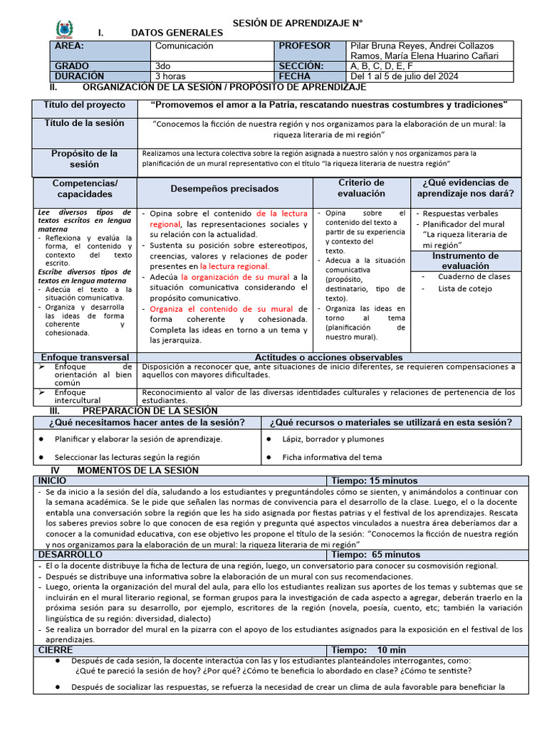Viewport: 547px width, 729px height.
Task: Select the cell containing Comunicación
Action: click(184, 46)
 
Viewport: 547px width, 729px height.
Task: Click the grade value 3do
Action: click(162, 66)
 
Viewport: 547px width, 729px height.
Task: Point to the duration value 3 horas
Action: click(170, 76)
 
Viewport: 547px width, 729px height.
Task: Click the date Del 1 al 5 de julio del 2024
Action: click(405, 76)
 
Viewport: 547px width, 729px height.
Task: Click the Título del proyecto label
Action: click(85, 105)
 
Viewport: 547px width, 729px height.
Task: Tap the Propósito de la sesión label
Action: click(85, 159)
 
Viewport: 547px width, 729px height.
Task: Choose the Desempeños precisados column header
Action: click(224, 189)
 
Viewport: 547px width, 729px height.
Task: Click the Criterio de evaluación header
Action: click(361, 188)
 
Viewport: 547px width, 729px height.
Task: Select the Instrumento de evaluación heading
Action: click(466, 261)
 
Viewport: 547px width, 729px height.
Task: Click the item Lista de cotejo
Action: click(465, 288)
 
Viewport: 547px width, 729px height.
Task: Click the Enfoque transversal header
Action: click(85, 357)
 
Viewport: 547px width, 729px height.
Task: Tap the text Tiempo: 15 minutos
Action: click(375, 481)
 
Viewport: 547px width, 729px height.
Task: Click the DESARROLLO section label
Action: click(70, 554)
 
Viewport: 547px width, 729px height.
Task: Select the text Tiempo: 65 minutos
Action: click(376, 554)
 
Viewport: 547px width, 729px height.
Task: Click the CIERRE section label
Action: click(56, 649)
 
